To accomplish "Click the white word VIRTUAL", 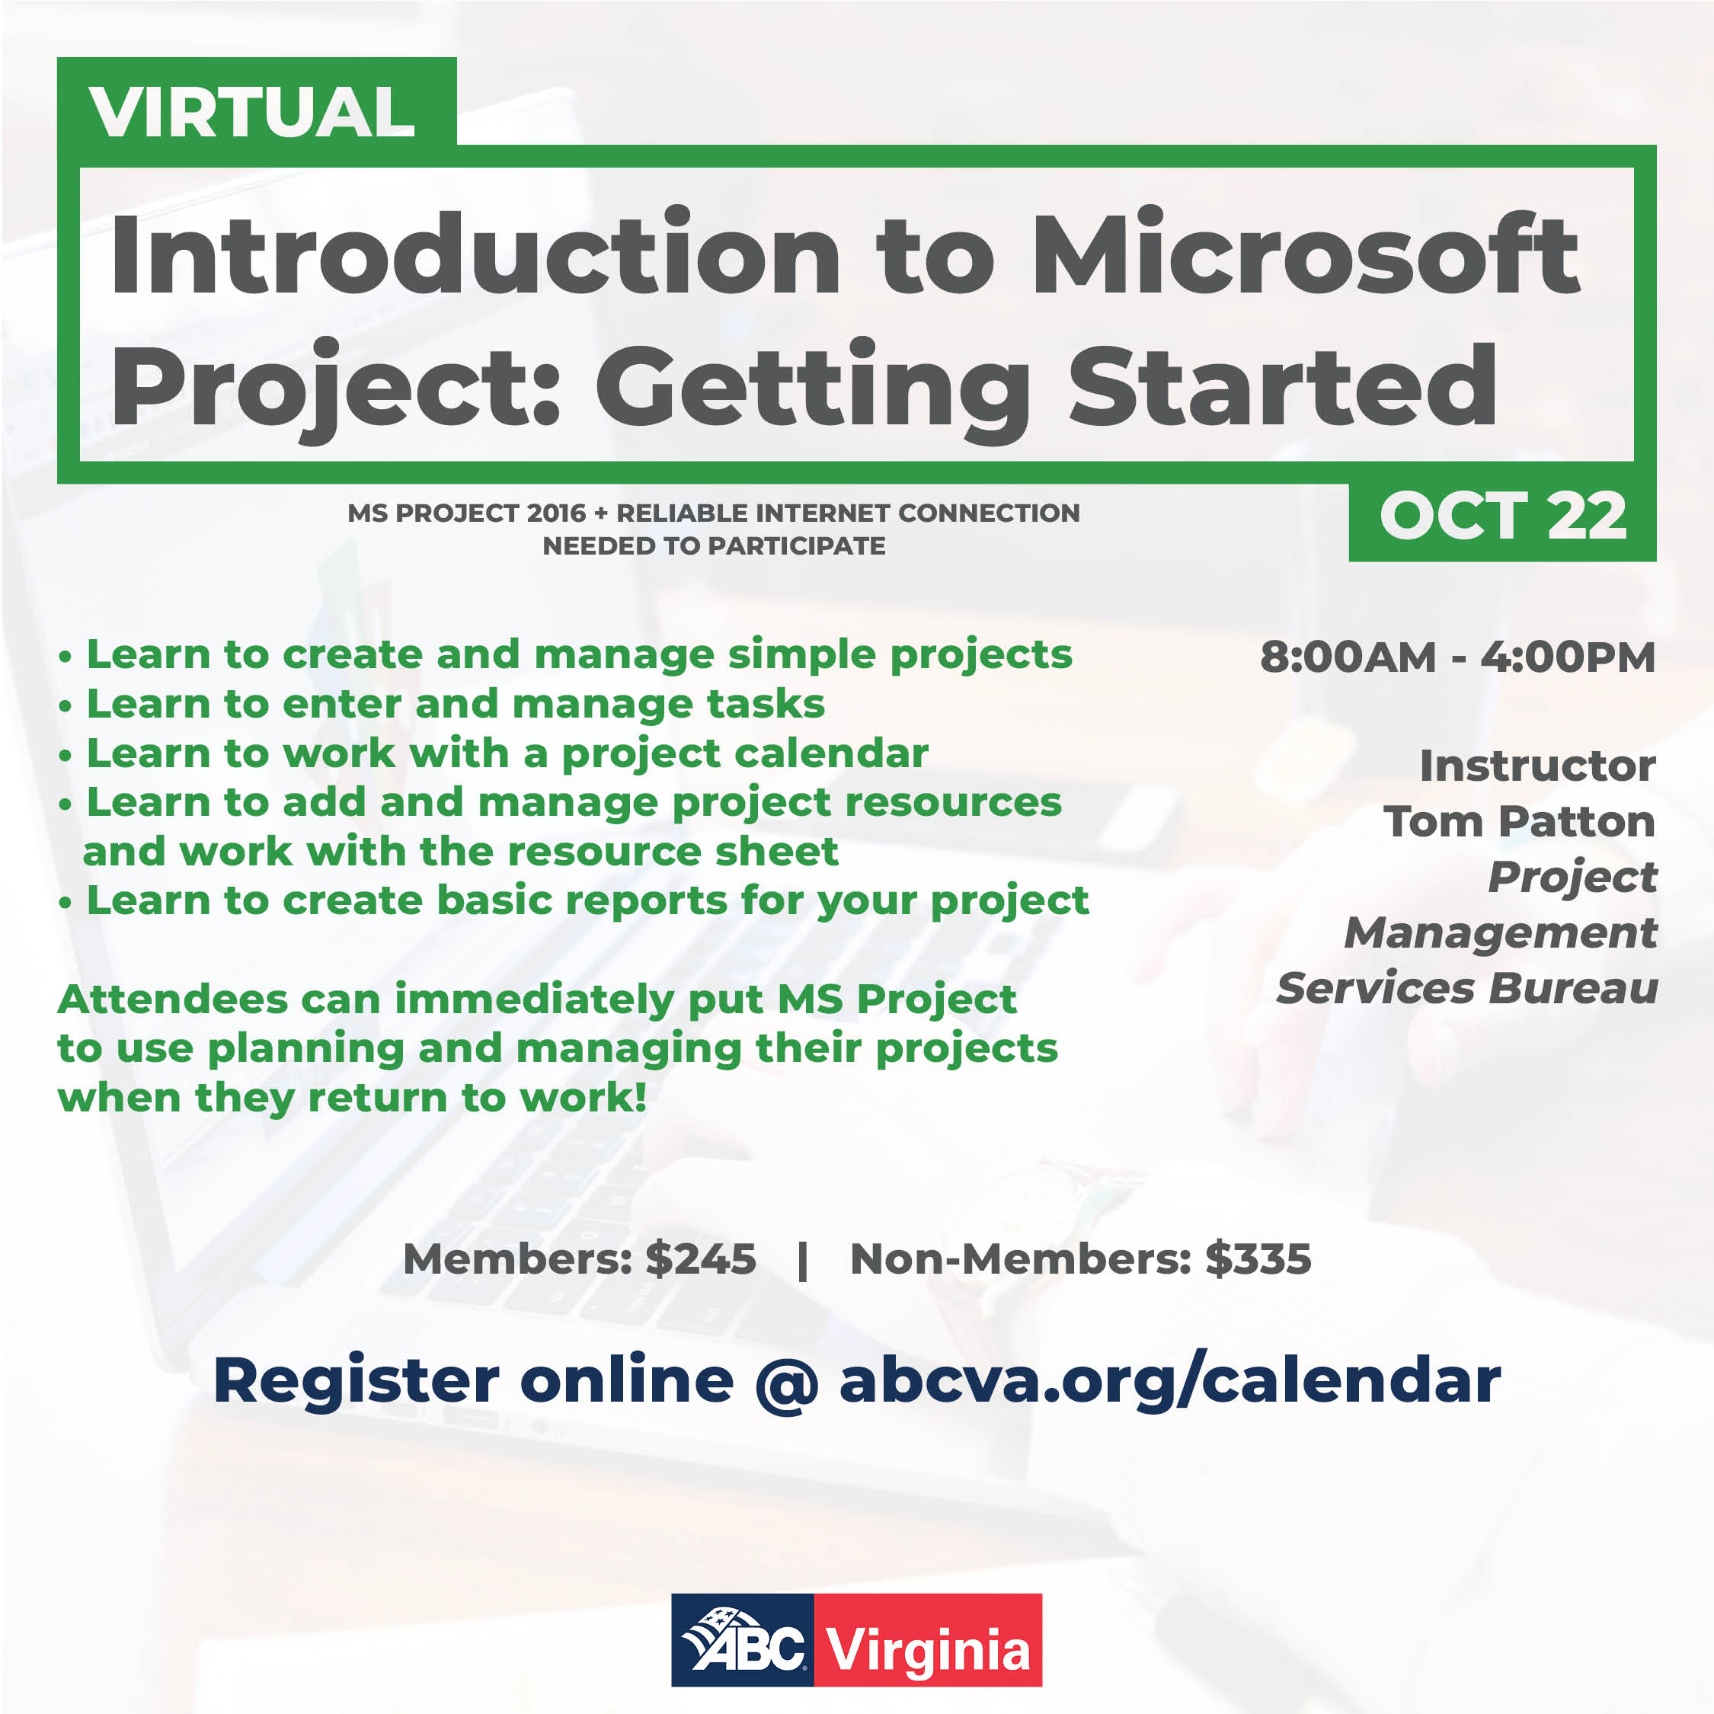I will click(x=252, y=113).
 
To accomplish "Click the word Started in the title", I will click(x=1283, y=387).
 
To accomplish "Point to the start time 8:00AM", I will click(x=1348, y=657).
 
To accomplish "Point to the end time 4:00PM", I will click(x=1568, y=657).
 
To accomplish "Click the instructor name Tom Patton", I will click(x=1519, y=821).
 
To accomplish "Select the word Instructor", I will click(x=1537, y=766).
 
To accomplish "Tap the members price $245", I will click(x=701, y=1259).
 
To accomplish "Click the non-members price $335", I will click(x=1258, y=1259).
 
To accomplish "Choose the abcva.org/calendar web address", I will click(x=1169, y=1381).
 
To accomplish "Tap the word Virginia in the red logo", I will click(x=927, y=1650).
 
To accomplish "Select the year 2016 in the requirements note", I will click(x=556, y=513).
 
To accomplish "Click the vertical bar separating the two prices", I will click(x=803, y=1260).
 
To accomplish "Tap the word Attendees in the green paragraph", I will click(x=172, y=999).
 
